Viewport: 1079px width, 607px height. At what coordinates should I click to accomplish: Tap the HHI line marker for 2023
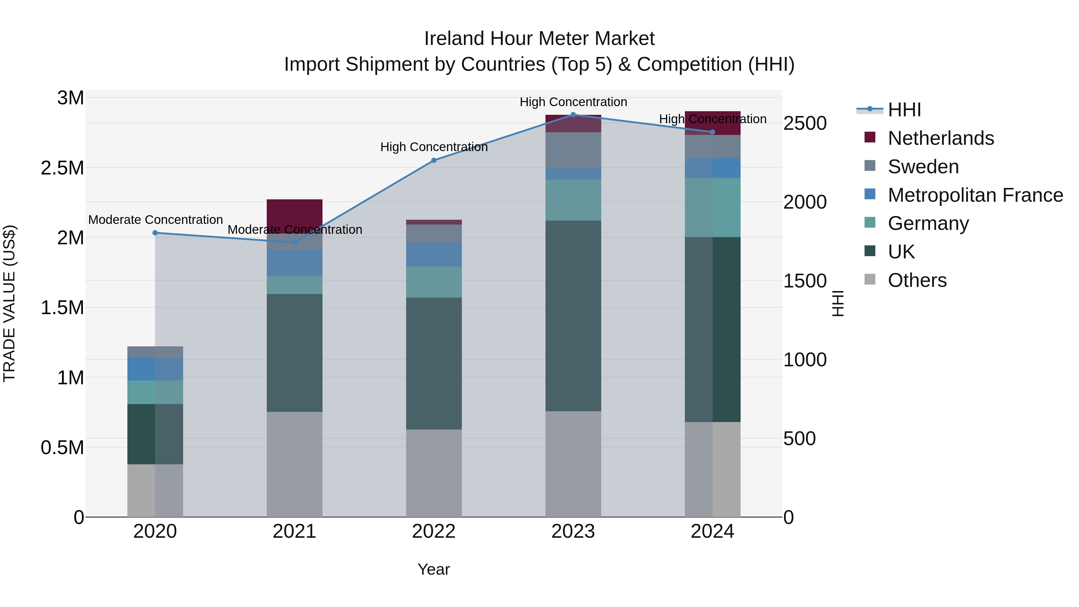573,115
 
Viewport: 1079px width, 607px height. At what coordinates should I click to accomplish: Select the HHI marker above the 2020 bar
155,233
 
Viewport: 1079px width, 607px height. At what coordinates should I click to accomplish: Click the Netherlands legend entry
940,138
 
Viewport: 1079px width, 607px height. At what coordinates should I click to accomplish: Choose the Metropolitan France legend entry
975,195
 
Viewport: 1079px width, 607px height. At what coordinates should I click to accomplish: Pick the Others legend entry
917,280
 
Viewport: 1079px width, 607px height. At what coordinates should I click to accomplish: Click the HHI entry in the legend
904,110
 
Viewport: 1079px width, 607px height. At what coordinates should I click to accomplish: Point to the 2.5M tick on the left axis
62,168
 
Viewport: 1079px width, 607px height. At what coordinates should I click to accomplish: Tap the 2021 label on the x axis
294,531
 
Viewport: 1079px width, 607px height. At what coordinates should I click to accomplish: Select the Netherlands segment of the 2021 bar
294,214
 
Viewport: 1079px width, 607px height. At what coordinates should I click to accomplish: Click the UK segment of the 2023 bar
573,316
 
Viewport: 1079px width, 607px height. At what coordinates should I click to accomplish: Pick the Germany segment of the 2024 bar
712,207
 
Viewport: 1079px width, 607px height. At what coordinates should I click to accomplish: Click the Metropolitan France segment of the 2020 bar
155,369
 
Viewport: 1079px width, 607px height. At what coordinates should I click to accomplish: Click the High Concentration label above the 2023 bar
573,102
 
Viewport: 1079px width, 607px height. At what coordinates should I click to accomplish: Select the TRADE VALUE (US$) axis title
9,303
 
